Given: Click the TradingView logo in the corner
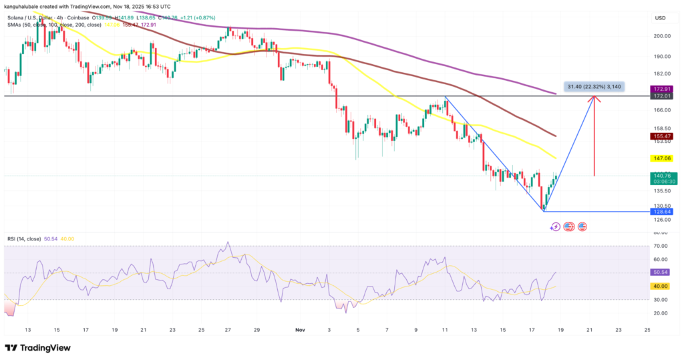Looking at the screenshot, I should tap(39, 348).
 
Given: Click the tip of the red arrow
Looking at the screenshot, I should tap(594, 98).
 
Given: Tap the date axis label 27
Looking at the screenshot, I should tap(228, 330).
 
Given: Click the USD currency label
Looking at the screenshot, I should tap(661, 17).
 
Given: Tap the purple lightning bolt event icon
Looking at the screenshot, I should tap(555, 227).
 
